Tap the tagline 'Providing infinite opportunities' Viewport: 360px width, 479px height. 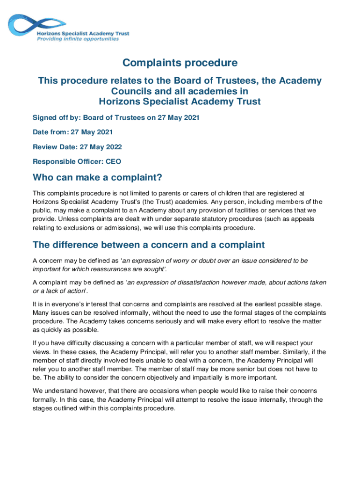click(78, 39)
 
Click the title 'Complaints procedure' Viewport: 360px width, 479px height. click(180, 63)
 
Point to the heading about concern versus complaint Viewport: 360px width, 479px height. click(149, 245)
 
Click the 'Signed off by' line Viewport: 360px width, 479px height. click(116, 117)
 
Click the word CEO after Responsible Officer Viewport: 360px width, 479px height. click(114, 162)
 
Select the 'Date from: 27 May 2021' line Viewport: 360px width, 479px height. click(72, 132)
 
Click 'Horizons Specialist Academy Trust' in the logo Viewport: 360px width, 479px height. click(83, 33)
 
